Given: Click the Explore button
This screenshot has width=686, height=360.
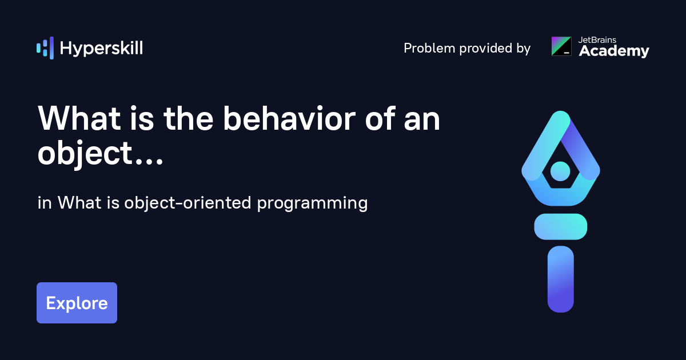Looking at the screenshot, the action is tap(77, 303).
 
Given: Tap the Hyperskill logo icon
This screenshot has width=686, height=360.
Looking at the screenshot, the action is tap(45, 48).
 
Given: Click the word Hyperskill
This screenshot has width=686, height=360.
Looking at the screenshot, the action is tap(101, 49).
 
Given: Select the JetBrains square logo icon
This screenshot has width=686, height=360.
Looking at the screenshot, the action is tap(561, 46).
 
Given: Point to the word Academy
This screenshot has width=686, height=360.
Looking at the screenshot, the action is tap(614, 51).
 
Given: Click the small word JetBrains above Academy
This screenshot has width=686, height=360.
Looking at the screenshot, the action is tap(597, 40).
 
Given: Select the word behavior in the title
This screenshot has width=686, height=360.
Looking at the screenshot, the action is tap(289, 118).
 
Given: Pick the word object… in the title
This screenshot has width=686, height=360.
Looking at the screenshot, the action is tap(100, 153).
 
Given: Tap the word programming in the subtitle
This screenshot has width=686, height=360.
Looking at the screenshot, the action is tap(312, 203).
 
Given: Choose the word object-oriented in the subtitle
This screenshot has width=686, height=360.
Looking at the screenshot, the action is tap(188, 203).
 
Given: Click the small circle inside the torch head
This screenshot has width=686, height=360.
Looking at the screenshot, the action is tap(560, 171).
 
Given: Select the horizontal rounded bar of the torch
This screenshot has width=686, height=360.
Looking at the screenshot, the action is tap(561, 226).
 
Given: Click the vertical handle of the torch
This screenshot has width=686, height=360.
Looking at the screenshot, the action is tap(561, 279).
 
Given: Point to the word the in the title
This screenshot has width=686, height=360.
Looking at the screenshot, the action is tap(188, 118).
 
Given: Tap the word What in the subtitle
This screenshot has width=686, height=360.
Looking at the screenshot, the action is tap(79, 203).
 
